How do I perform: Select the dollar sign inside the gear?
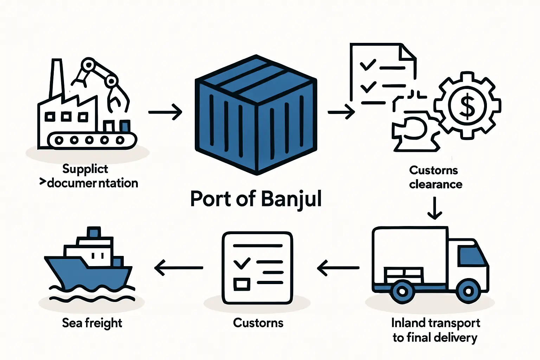click(x=467, y=106)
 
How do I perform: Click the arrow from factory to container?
click(x=165, y=112)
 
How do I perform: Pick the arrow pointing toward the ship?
click(x=179, y=268)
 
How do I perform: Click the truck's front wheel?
click(x=468, y=291)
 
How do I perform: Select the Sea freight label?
click(x=92, y=323)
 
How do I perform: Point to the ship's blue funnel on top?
click(x=94, y=232)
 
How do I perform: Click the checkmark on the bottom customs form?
click(x=242, y=263)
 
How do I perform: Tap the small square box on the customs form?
click(x=242, y=284)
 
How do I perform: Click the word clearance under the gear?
click(x=436, y=184)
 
